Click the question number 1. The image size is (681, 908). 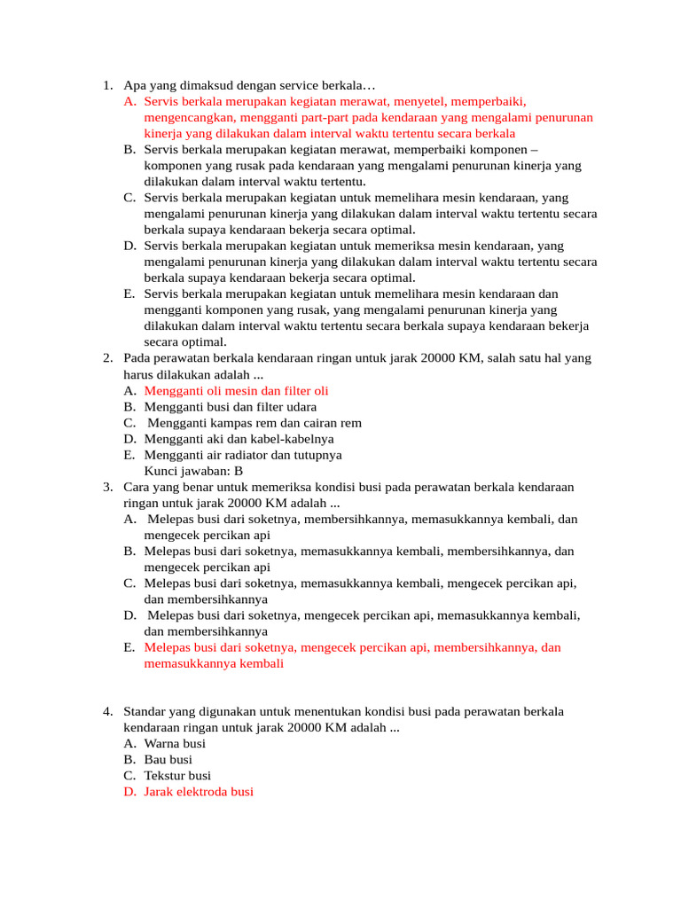point(106,86)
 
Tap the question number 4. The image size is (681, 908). point(106,712)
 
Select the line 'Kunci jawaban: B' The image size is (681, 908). point(193,471)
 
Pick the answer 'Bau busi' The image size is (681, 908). point(168,760)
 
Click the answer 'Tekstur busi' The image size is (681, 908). point(177,776)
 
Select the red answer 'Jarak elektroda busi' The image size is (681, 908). point(199,792)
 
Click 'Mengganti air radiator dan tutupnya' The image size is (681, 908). point(242,455)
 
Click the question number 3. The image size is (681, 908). point(106,487)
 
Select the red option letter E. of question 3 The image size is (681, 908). point(130,647)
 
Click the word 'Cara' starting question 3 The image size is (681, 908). point(136,487)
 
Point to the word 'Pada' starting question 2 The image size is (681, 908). point(137,358)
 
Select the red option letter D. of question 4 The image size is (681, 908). point(130,792)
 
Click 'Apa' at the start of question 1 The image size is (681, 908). point(134,86)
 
